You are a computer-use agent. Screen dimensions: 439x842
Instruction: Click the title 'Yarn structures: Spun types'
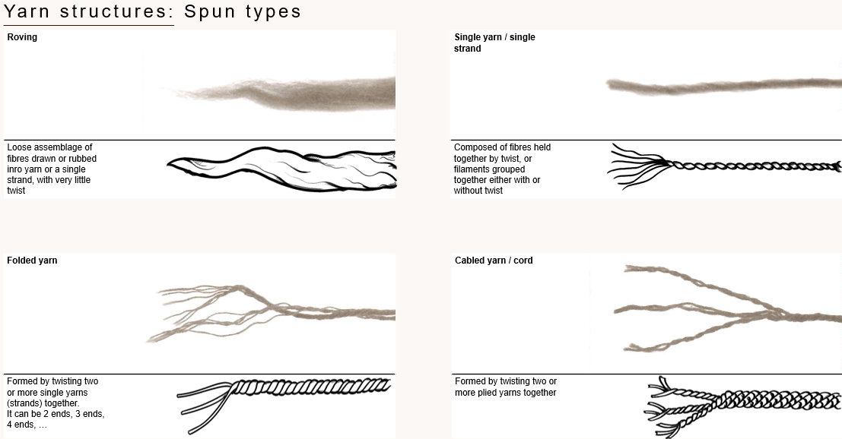point(153,12)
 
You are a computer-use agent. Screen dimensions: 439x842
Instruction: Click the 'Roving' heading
point(22,36)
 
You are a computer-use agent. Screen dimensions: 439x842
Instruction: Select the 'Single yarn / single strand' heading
point(494,43)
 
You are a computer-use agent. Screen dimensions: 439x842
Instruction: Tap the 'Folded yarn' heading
point(32,261)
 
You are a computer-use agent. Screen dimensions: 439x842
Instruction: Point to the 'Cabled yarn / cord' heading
point(494,261)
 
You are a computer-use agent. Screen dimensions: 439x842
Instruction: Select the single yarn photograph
point(723,85)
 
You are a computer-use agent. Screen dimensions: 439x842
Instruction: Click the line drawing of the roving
point(281,172)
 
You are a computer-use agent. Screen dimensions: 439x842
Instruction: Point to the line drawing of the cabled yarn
point(730,406)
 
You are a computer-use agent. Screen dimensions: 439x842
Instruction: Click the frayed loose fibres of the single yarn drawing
point(631,162)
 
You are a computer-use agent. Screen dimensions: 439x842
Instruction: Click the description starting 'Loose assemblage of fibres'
point(52,169)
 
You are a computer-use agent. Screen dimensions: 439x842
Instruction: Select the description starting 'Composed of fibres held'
point(502,169)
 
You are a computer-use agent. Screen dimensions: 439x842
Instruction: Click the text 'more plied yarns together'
point(505,393)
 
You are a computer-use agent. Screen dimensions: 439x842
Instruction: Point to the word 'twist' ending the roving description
point(16,191)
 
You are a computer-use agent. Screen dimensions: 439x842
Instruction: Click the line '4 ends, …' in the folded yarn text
point(27,425)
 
